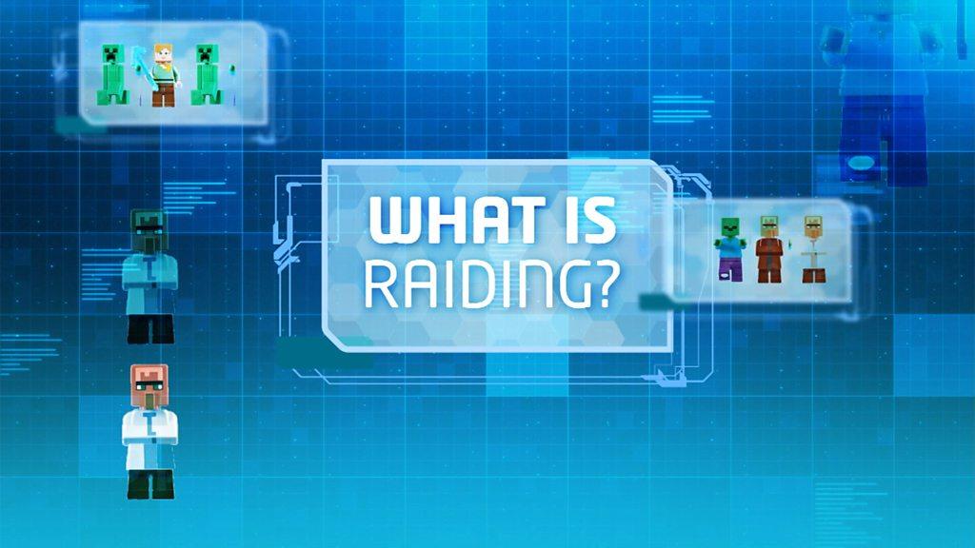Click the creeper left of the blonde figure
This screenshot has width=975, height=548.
tap(113, 74)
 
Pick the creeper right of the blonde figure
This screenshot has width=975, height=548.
tap(206, 74)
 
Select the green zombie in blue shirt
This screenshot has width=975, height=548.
tap(729, 249)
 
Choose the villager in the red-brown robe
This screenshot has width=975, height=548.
tap(769, 249)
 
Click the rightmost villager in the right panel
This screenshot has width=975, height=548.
tap(812, 249)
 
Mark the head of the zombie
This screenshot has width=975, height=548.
tap(729, 227)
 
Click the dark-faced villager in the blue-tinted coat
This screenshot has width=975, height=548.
tap(150, 276)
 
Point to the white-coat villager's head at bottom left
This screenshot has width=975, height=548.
tap(149, 384)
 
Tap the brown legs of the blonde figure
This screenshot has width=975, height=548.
tap(165, 95)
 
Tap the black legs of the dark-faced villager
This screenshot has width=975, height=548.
tap(150, 328)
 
